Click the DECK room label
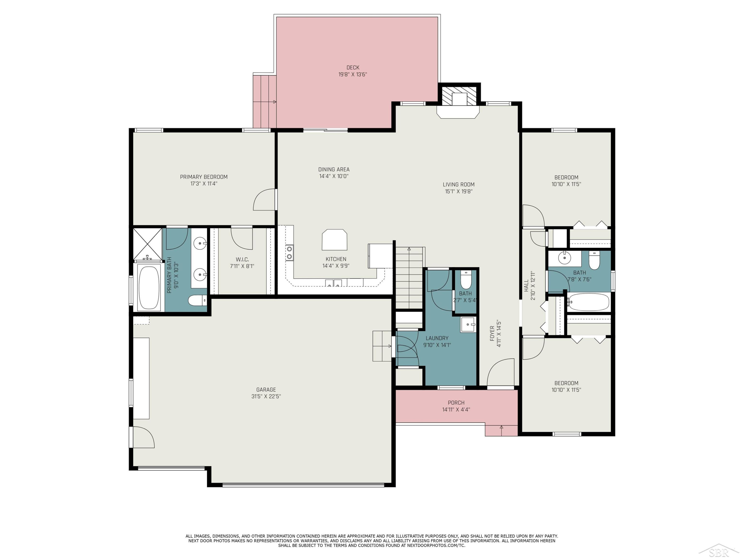pos(353,68)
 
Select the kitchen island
pos(334,240)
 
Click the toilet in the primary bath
pos(197,300)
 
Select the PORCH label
pos(456,403)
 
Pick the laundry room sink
pos(468,325)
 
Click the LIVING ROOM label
pos(459,184)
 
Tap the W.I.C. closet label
pos(242,259)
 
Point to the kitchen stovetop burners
pos(289,253)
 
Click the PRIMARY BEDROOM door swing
pos(264,200)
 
